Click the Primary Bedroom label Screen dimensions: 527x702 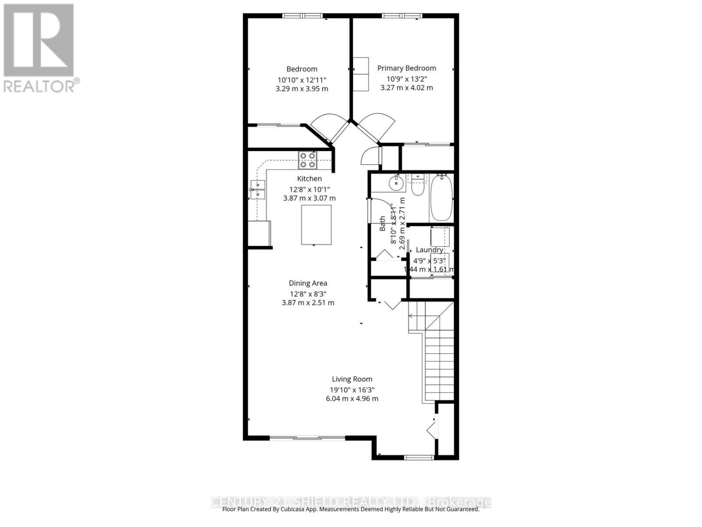pyautogui.click(x=407, y=68)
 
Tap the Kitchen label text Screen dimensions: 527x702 pyautogui.click(x=309, y=179)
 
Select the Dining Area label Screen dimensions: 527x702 pyautogui.click(x=308, y=283)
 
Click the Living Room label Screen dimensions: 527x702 pyautogui.click(x=352, y=379)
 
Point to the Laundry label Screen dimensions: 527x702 pyautogui.click(x=429, y=250)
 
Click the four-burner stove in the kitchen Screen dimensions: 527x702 pyautogui.click(x=308, y=160)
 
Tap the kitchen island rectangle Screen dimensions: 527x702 pyautogui.click(x=316, y=225)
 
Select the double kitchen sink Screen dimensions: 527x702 pyautogui.click(x=258, y=189)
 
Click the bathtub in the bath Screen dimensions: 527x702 pyautogui.click(x=441, y=198)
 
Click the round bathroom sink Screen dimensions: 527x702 pyautogui.click(x=396, y=182)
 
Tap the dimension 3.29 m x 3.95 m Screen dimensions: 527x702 pyautogui.click(x=301, y=89)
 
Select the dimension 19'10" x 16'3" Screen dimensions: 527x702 pyautogui.click(x=352, y=390)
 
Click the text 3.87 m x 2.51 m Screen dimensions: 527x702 pyautogui.click(x=308, y=303)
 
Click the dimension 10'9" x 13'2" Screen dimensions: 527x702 pyautogui.click(x=407, y=79)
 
